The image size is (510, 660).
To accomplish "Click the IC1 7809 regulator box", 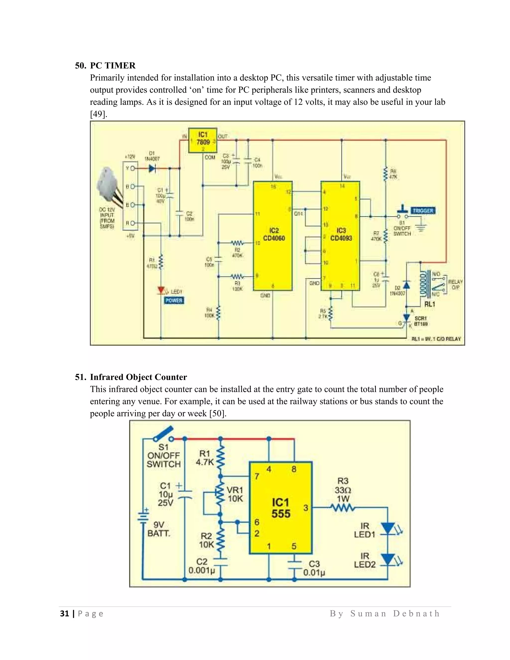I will [202, 140].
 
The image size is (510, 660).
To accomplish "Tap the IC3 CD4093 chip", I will [340, 235].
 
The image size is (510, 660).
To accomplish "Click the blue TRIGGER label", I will [423, 211].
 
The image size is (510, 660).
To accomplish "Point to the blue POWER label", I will [174, 300].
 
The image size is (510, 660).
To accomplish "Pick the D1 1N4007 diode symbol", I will [152, 168].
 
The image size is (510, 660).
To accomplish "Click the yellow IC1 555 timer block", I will [280, 508].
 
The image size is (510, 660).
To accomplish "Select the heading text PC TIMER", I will [113, 66].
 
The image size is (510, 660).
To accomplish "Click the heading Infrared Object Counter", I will [138, 377].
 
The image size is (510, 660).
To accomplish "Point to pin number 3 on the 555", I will [306, 508].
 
